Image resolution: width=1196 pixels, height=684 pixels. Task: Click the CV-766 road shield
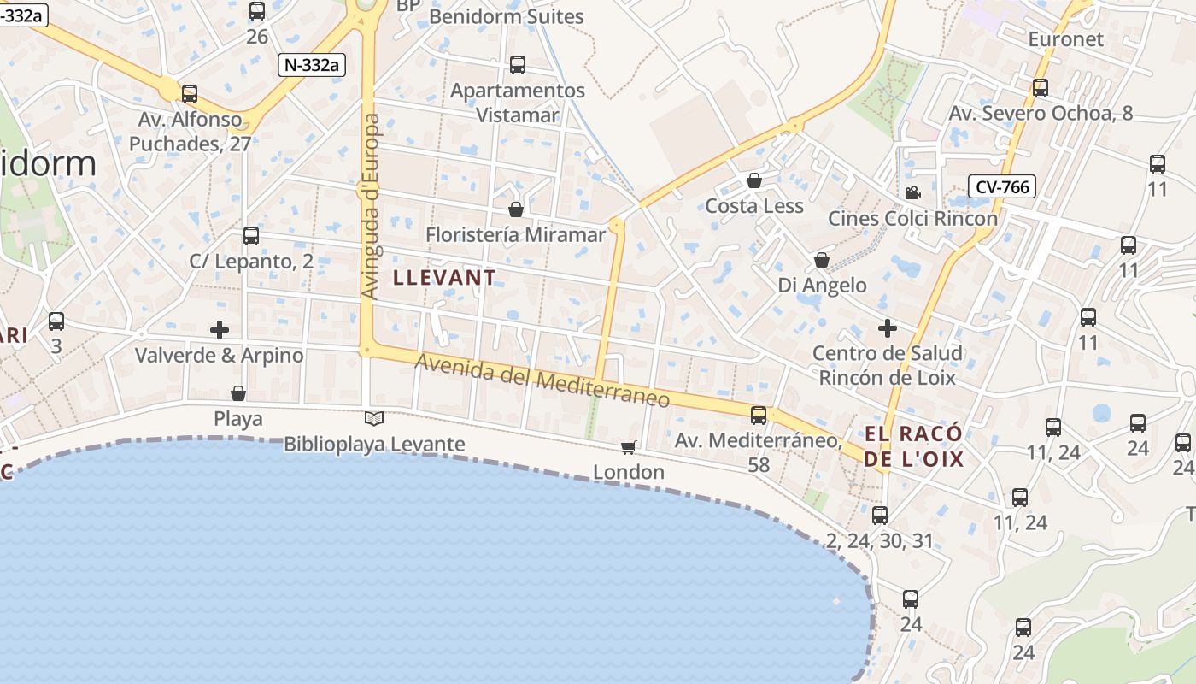coord(1002,186)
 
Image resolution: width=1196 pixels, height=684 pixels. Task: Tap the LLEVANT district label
coord(444,278)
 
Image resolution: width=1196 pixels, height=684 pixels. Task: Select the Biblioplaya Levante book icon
coord(374,418)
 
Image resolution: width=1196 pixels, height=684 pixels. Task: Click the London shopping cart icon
coord(629,447)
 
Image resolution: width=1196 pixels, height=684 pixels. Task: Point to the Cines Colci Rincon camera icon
coord(912,192)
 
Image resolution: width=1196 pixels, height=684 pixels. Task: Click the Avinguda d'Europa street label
coord(371,205)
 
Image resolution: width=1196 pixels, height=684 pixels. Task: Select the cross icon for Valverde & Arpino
coord(220,329)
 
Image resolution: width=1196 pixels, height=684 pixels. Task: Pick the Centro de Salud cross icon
coord(888,327)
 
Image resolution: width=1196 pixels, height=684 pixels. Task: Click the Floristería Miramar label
coord(515,234)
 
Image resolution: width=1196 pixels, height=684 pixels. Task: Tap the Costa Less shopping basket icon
coord(754,180)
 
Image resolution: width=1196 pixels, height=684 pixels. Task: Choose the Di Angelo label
coord(822,285)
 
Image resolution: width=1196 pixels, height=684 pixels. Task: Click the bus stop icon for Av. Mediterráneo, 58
coord(758,416)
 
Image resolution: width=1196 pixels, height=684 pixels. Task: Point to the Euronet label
coord(1065,39)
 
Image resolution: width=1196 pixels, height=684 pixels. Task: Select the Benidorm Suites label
coord(506,16)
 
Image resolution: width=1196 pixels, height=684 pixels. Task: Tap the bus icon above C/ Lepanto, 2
coord(250,236)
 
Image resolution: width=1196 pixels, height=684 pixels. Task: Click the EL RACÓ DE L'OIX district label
coord(913,446)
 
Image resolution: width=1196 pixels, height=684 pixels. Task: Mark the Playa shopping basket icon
coord(238,393)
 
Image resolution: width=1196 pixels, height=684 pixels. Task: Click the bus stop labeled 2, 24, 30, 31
coord(880,516)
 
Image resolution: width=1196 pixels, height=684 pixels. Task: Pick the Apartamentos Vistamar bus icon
coord(517,65)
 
